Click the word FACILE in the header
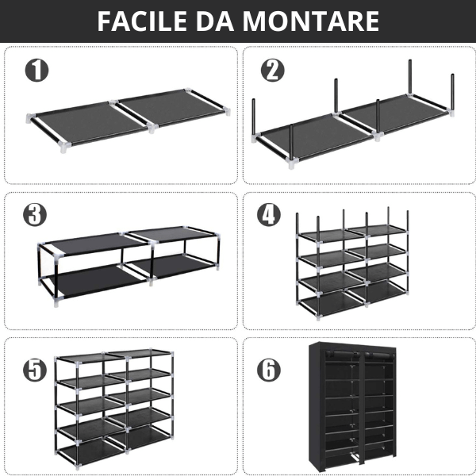[142, 21]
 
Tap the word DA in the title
[215, 21]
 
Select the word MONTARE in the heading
[311, 21]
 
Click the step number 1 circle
[36, 70]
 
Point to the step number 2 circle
[273, 70]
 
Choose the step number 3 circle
[35, 214]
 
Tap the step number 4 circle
[269, 214]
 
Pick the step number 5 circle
[35, 370]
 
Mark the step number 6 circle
[269, 370]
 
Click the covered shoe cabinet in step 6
[352, 407]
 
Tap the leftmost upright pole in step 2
[254, 117]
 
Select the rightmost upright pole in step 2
[452, 92]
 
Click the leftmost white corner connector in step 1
[30, 117]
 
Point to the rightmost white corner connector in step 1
[227, 111]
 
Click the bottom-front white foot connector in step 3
[56, 302]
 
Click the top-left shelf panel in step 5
[80, 358]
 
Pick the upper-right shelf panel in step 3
[171, 233]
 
